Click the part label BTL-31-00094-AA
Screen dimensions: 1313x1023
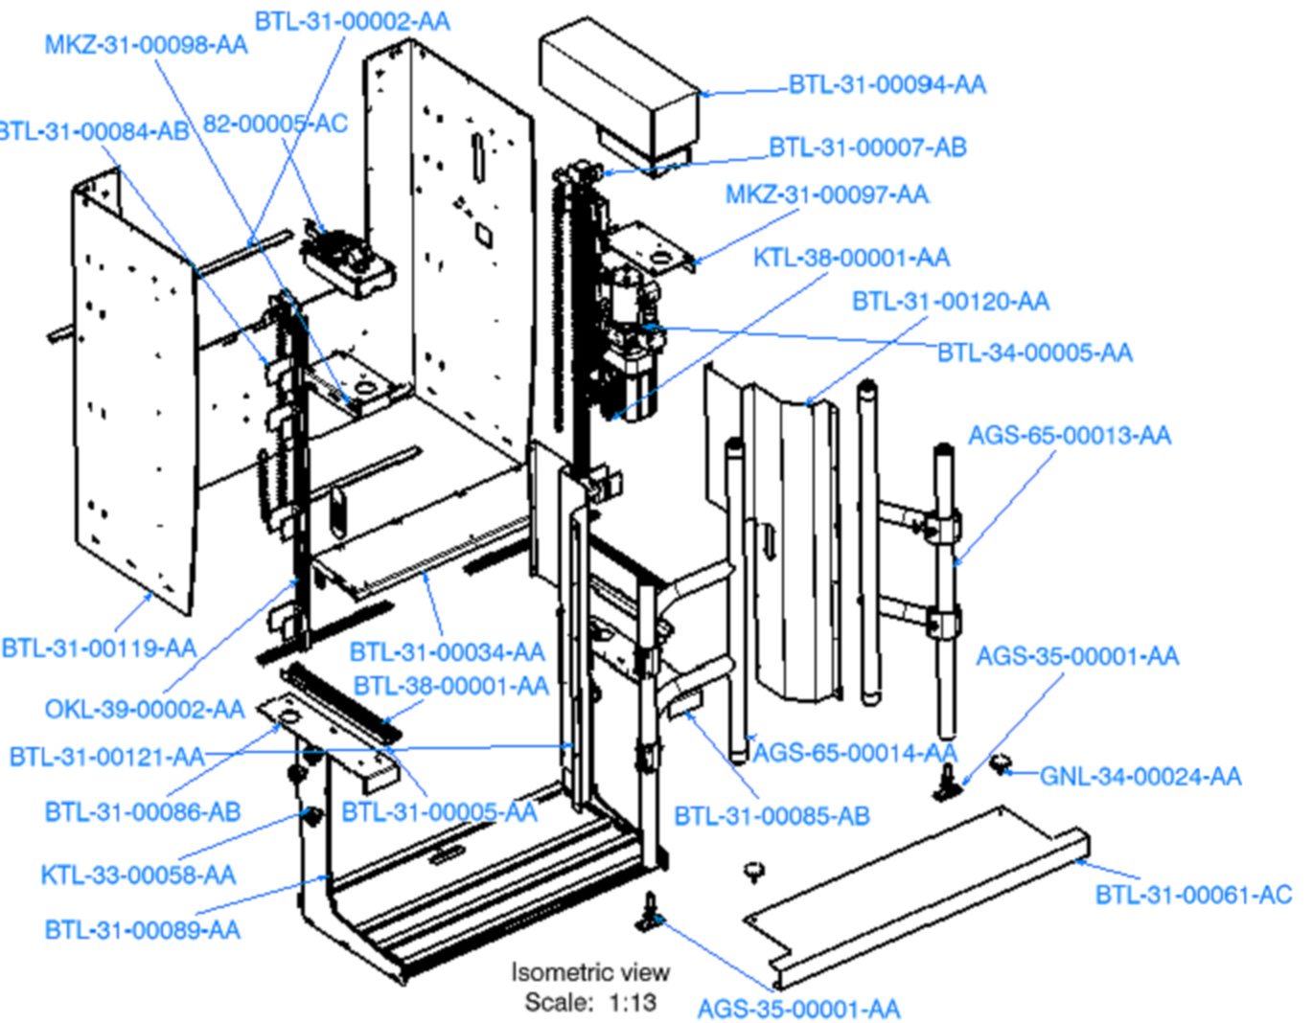pos(887,84)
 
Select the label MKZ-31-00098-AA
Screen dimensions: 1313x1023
pos(147,45)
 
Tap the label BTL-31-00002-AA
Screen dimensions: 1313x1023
pos(353,22)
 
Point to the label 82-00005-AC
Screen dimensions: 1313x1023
pos(275,124)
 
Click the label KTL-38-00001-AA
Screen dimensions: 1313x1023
pos(851,258)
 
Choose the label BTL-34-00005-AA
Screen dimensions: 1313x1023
pos(1034,352)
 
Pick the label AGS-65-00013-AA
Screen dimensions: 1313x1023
pos(1070,436)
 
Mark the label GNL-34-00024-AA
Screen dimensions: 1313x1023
pos(1140,776)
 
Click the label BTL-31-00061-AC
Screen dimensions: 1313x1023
pos(1194,895)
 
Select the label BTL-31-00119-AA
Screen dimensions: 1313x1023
pos(99,648)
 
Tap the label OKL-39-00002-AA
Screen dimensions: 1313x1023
pos(145,709)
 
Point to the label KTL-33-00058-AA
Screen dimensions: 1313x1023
pos(138,875)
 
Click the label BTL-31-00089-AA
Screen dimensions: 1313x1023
pos(143,930)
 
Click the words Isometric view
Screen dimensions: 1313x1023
pos(590,973)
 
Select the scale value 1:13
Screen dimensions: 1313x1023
pos(633,1003)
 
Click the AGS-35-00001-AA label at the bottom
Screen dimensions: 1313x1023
pos(798,1009)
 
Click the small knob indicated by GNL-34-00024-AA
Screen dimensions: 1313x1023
pos(1000,763)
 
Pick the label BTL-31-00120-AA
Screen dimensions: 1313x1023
pos(951,302)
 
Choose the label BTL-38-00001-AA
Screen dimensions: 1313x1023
pos(450,686)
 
